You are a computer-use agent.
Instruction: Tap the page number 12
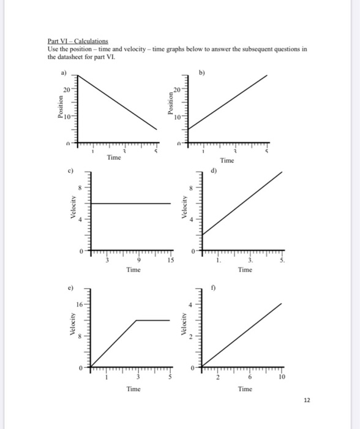click(x=307, y=400)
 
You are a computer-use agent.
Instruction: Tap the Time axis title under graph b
click(x=227, y=161)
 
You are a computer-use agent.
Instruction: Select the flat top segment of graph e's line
click(x=152, y=320)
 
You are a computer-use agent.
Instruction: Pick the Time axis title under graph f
click(x=246, y=389)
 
